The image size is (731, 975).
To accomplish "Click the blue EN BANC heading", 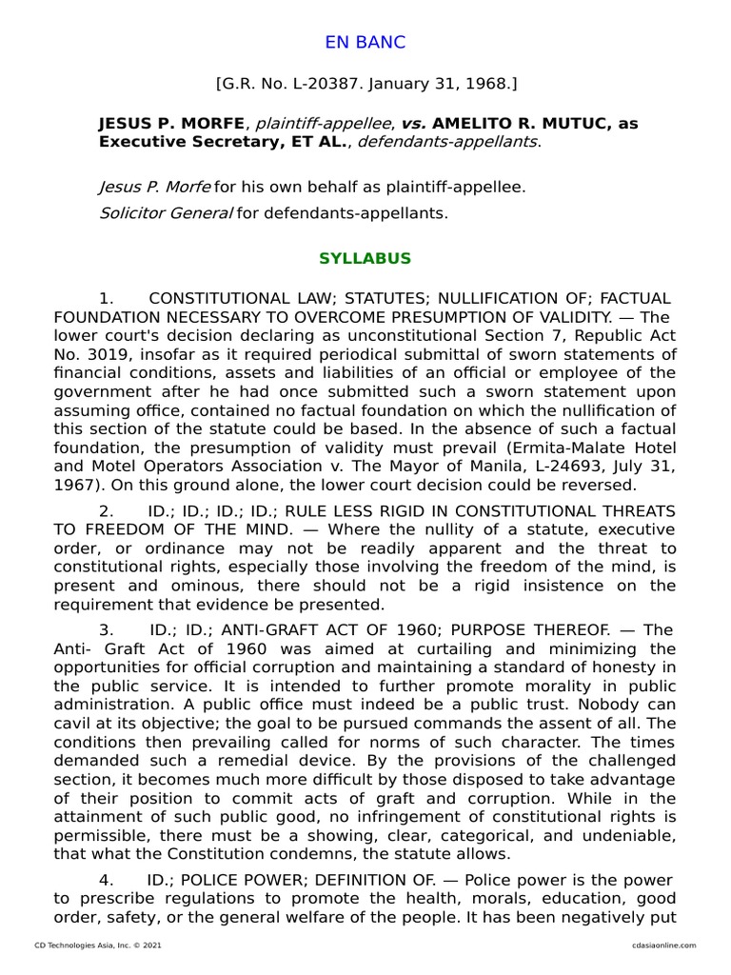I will coord(365,42).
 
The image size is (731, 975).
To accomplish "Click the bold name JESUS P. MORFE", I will coord(171,124).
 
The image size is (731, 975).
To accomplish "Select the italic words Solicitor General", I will coord(166,212).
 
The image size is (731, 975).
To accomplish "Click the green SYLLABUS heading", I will coord(365,259).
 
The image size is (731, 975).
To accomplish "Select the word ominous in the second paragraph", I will coord(208,586).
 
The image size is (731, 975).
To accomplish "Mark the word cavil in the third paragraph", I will coord(74,722).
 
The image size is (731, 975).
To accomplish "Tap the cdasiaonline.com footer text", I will coord(663,945).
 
